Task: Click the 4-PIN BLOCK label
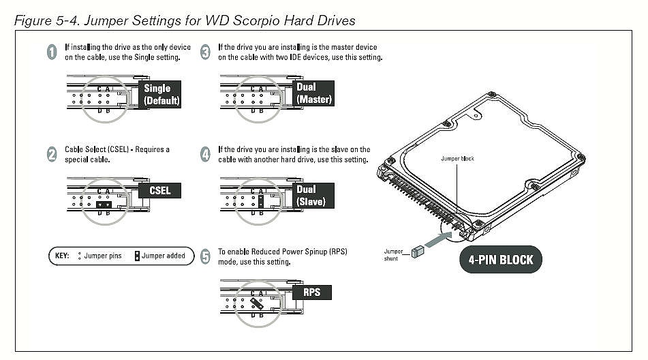click(500, 260)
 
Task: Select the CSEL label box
click(159, 190)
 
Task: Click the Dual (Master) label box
click(313, 93)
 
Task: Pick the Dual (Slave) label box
click(313, 196)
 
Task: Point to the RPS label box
click(311, 292)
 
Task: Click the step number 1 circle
click(52, 52)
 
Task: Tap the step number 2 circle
click(52, 154)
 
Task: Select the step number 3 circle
click(205, 52)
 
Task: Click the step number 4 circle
click(205, 154)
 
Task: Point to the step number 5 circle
click(205, 256)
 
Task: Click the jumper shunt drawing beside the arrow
click(418, 252)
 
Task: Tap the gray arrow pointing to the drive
click(438, 240)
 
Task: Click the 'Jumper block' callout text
click(457, 158)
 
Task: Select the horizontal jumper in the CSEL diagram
click(104, 204)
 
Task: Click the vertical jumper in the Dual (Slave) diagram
click(261, 201)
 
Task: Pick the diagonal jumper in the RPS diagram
click(257, 303)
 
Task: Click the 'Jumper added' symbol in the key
click(137, 256)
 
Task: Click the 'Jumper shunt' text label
click(392, 254)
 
